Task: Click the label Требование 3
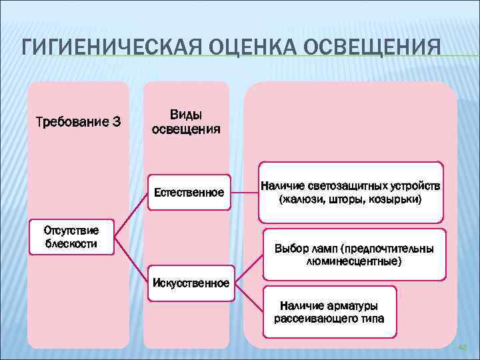pyautogui.click(x=78, y=121)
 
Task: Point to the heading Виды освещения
pyautogui.click(x=186, y=121)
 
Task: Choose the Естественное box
pyautogui.click(x=189, y=193)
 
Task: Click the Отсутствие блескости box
pyautogui.click(x=71, y=237)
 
